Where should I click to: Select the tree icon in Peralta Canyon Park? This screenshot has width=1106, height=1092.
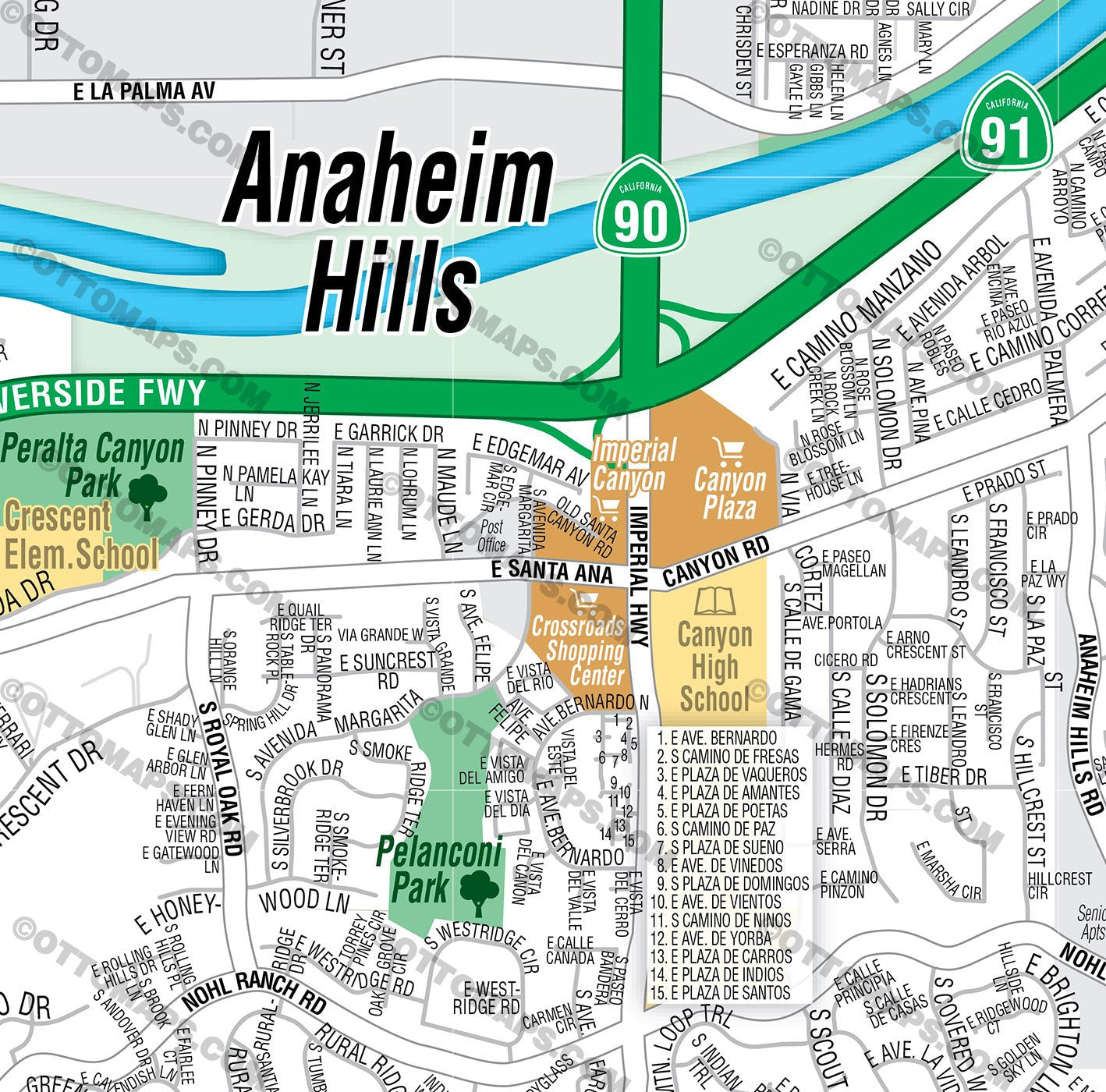147,497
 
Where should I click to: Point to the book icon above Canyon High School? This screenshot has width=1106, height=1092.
715,601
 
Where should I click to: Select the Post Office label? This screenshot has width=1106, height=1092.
491,536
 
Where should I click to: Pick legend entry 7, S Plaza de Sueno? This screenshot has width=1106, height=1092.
720,847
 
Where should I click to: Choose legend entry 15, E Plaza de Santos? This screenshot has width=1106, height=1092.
720,992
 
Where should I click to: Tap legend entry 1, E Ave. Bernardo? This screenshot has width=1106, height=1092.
716,738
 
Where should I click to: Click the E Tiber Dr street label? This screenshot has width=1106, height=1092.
944,776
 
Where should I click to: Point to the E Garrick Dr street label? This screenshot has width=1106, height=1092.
388,432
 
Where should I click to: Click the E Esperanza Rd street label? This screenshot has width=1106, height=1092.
812,51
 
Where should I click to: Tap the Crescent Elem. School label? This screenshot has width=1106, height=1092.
81,536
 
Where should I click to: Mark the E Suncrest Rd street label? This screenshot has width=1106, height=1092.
387,669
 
